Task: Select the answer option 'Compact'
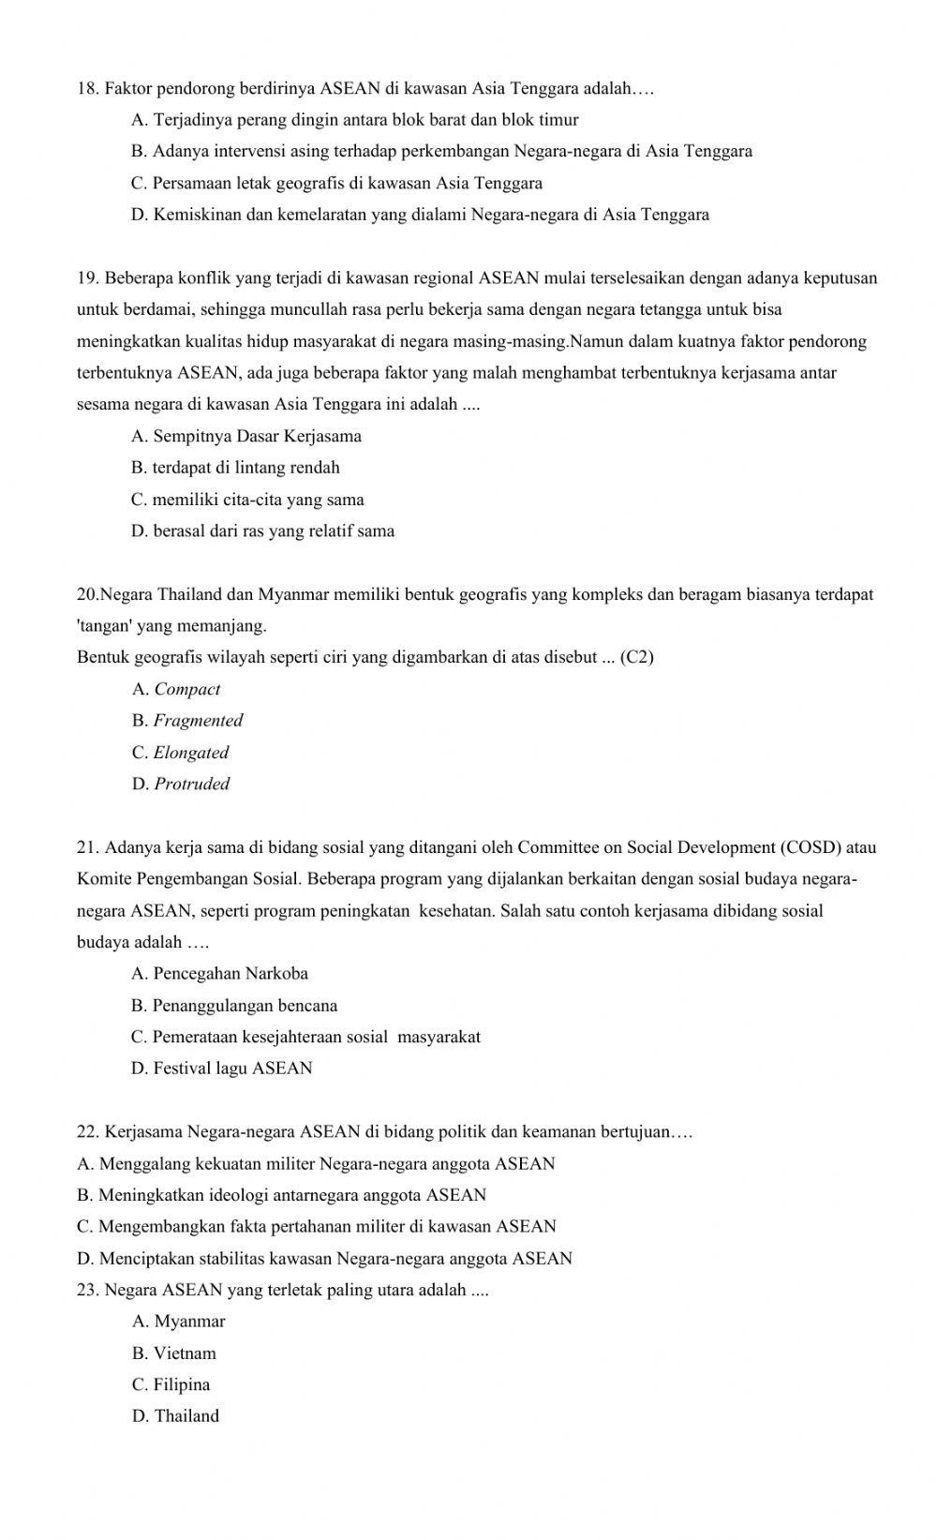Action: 186,689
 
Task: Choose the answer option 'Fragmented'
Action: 198,721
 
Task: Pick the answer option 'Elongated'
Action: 190,753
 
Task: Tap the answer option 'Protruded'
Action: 191,785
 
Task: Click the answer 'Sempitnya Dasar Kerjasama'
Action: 257,436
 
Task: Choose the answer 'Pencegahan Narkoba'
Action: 231,974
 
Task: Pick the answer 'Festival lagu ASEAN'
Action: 232,1069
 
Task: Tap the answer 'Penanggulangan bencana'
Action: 245,1006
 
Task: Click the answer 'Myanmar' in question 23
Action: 189,1322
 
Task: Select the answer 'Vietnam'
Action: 185,1353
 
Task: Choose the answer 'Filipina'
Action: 182,1384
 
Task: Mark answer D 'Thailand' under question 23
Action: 186,1416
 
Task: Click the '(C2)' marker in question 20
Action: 637,657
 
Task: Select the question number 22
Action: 88,1132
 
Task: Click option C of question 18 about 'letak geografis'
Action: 347,183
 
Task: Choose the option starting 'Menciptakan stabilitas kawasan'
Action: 335,1259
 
